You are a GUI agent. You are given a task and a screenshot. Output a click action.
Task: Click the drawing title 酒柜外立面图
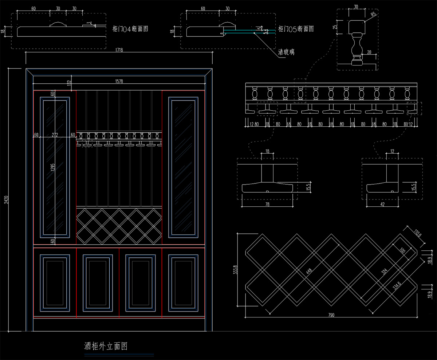[106, 345]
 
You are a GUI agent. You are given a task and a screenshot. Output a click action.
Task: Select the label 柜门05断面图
[296, 29]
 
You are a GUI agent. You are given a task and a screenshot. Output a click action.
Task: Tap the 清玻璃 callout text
[286, 52]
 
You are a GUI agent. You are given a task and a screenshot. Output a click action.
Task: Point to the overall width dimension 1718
[119, 50]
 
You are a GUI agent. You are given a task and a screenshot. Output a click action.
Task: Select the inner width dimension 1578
[119, 82]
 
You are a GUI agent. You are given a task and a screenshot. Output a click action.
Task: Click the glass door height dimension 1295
[53, 167]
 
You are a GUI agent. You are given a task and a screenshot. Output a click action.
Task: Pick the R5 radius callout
[373, 15]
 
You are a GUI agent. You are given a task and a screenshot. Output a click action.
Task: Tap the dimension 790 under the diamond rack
[331, 315]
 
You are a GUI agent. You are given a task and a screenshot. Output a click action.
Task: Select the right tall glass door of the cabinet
[183, 167]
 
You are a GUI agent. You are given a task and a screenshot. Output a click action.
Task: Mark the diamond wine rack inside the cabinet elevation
[119, 226]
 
